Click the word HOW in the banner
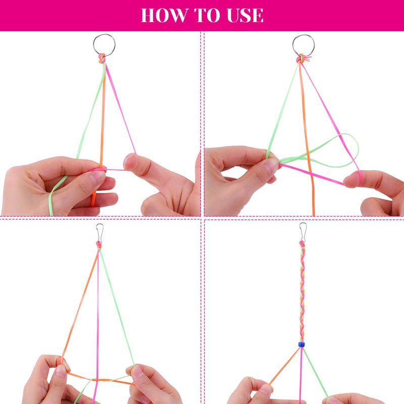coord(165,15)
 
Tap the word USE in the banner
coord(245,15)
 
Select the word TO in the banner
coord(207,15)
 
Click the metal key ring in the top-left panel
coord(104,45)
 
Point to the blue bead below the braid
coord(301,344)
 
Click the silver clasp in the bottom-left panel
coord(99,233)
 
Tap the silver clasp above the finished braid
coord(302,232)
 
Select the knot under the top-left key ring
coord(102,58)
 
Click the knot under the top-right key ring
coord(302,59)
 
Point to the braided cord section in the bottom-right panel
coord(302,293)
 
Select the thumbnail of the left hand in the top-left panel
coord(97,176)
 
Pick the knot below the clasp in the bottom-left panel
coord(98,245)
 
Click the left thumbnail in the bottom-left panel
coord(61,371)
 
